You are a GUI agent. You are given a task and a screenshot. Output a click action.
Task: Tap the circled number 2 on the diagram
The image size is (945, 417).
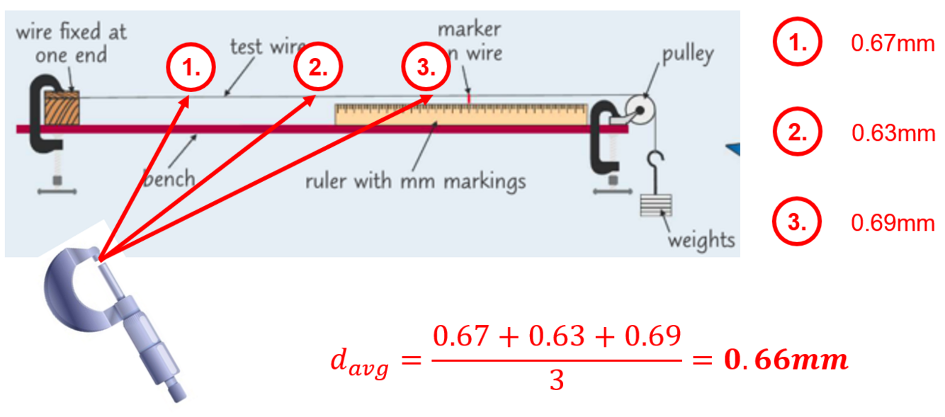[318, 68]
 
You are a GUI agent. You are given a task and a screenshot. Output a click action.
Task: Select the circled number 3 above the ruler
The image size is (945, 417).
[426, 68]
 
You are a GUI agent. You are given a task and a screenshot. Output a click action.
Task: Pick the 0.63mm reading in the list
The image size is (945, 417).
[893, 133]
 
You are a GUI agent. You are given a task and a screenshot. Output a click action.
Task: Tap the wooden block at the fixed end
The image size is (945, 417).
[62, 108]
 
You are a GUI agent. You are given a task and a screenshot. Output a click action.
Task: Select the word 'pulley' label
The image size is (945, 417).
[687, 55]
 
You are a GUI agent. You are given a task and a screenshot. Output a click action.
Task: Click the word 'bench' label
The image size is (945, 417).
[169, 178]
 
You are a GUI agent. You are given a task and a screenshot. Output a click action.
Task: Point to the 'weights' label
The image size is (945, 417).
[701, 240]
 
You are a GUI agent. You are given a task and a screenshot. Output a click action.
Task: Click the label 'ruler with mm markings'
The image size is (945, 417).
[415, 181]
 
